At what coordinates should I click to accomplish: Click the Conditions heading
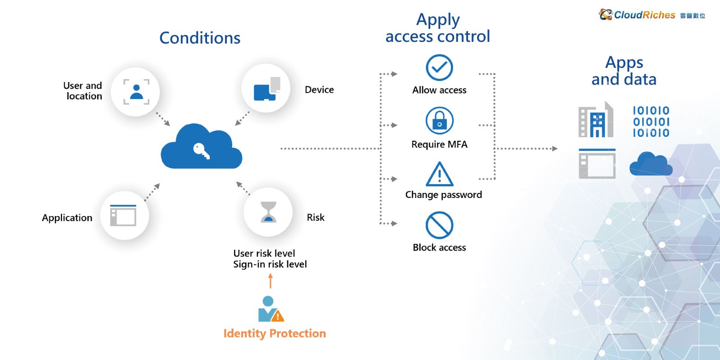200,38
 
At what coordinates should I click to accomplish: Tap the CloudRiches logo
652,15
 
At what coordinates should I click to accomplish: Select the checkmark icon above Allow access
439,67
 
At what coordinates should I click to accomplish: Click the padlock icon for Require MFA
439,121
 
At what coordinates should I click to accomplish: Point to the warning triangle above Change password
439,175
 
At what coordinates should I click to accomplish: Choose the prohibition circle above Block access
439,225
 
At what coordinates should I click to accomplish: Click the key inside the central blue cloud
202,151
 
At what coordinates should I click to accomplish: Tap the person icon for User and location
136,92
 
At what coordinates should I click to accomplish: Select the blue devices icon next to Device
267,89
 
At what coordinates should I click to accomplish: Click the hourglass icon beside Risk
268,212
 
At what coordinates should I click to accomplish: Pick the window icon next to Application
123,215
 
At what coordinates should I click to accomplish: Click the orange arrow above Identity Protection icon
270,281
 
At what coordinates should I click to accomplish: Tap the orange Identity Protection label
274,333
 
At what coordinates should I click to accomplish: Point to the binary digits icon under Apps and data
651,121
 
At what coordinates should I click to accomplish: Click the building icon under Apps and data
596,119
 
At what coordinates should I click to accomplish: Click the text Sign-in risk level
270,264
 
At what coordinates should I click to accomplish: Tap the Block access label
439,247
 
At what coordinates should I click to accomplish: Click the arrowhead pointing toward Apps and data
555,148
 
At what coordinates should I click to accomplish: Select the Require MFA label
439,144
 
